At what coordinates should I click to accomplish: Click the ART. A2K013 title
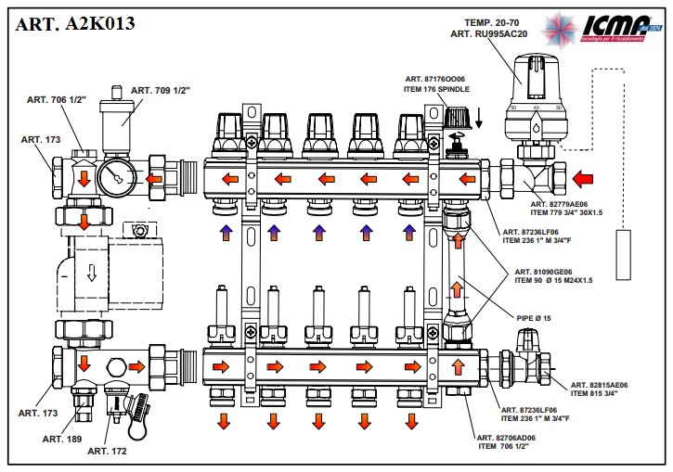pos(75,23)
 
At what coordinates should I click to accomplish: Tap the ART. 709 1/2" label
pos(160,90)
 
